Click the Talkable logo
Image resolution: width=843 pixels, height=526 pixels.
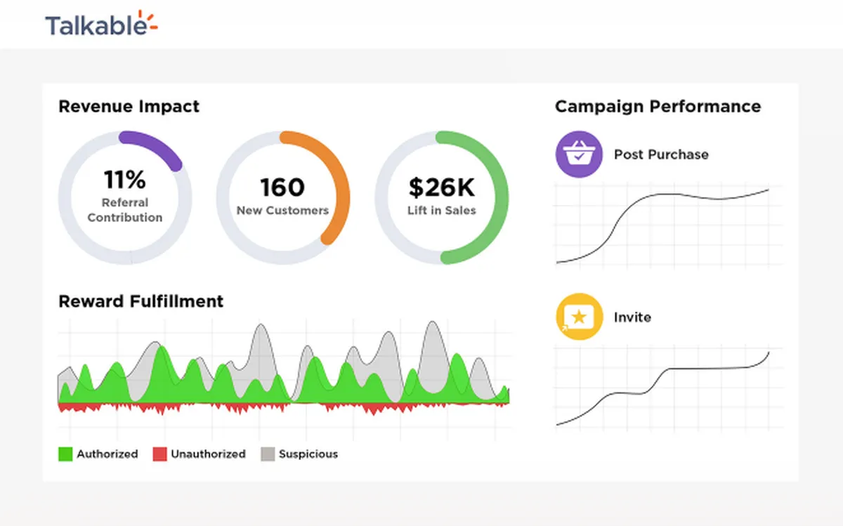click(102, 23)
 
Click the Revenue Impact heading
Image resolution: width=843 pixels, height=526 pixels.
click(129, 107)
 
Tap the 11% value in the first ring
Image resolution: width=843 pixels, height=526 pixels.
click(125, 179)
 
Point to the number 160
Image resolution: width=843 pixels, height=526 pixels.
click(282, 188)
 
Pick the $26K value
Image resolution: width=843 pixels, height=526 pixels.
click(441, 188)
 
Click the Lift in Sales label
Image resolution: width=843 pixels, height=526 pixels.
click(441, 210)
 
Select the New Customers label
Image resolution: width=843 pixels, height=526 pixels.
click(282, 210)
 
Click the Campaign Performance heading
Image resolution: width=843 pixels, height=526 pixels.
click(658, 107)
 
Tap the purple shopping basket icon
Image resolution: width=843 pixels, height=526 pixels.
click(579, 154)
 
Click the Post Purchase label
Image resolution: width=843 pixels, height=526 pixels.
click(661, 154)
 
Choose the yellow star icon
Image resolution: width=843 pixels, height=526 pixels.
click(579, 317)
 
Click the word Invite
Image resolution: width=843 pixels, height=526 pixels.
click(632, 317)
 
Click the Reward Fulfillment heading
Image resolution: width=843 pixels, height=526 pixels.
click(140, 301)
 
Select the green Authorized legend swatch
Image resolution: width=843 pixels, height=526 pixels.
click(65, 454)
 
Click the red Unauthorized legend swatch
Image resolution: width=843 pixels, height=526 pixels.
click(160, 454)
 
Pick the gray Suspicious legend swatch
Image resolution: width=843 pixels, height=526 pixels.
click(268, 454)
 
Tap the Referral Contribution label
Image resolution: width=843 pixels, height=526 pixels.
click(125, 210)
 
